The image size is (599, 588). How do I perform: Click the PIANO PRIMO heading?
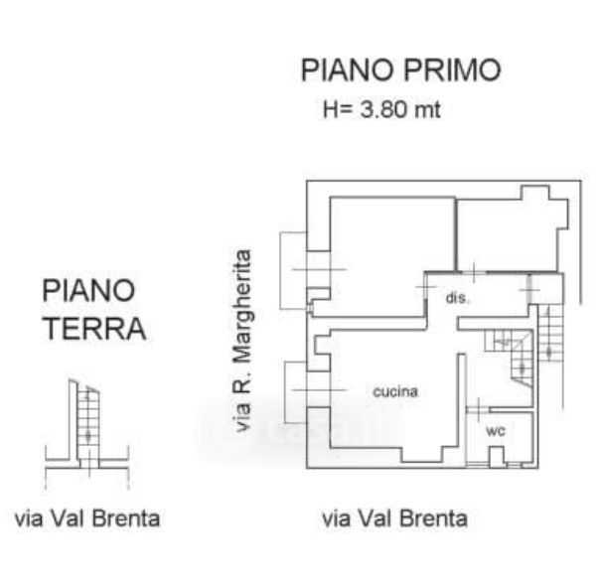pyautogui.click(x=400, y=70)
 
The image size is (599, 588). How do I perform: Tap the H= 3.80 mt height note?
pyautogui.click(x=381, y=109)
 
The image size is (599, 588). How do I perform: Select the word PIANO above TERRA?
pyautogui.click(x=88, y=291)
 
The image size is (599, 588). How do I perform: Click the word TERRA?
pyautogui.click(x=94, y=328)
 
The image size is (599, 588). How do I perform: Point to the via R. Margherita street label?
pyautogui.click(x=242, y=341)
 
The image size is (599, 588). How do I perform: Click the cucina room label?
pyautogui.click(x=395, y=392)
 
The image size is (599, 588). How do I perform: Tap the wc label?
pyautogui.click(x=496, y=431)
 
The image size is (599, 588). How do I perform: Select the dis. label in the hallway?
pyautogui.click(x=458, y=298)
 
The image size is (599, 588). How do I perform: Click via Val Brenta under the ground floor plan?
pyautogui.click(x=87, y=518)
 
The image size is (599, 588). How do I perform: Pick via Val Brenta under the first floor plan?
pyautogui.click(x=394, y=518)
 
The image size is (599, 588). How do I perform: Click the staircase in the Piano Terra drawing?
pyautogui.click(x=88, y=420)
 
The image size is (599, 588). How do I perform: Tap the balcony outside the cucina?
pyautogui.click(x=296, y=392)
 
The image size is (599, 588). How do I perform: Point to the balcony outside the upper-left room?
pyautogui.click(x=293, y=270)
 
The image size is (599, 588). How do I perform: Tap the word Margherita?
pyautogui.click(x=242, y=307)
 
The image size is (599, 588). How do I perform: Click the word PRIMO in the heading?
pyautogui.click(x=452, y=70)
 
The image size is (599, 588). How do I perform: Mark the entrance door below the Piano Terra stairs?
pyautogui.click(x=89, y=463)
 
